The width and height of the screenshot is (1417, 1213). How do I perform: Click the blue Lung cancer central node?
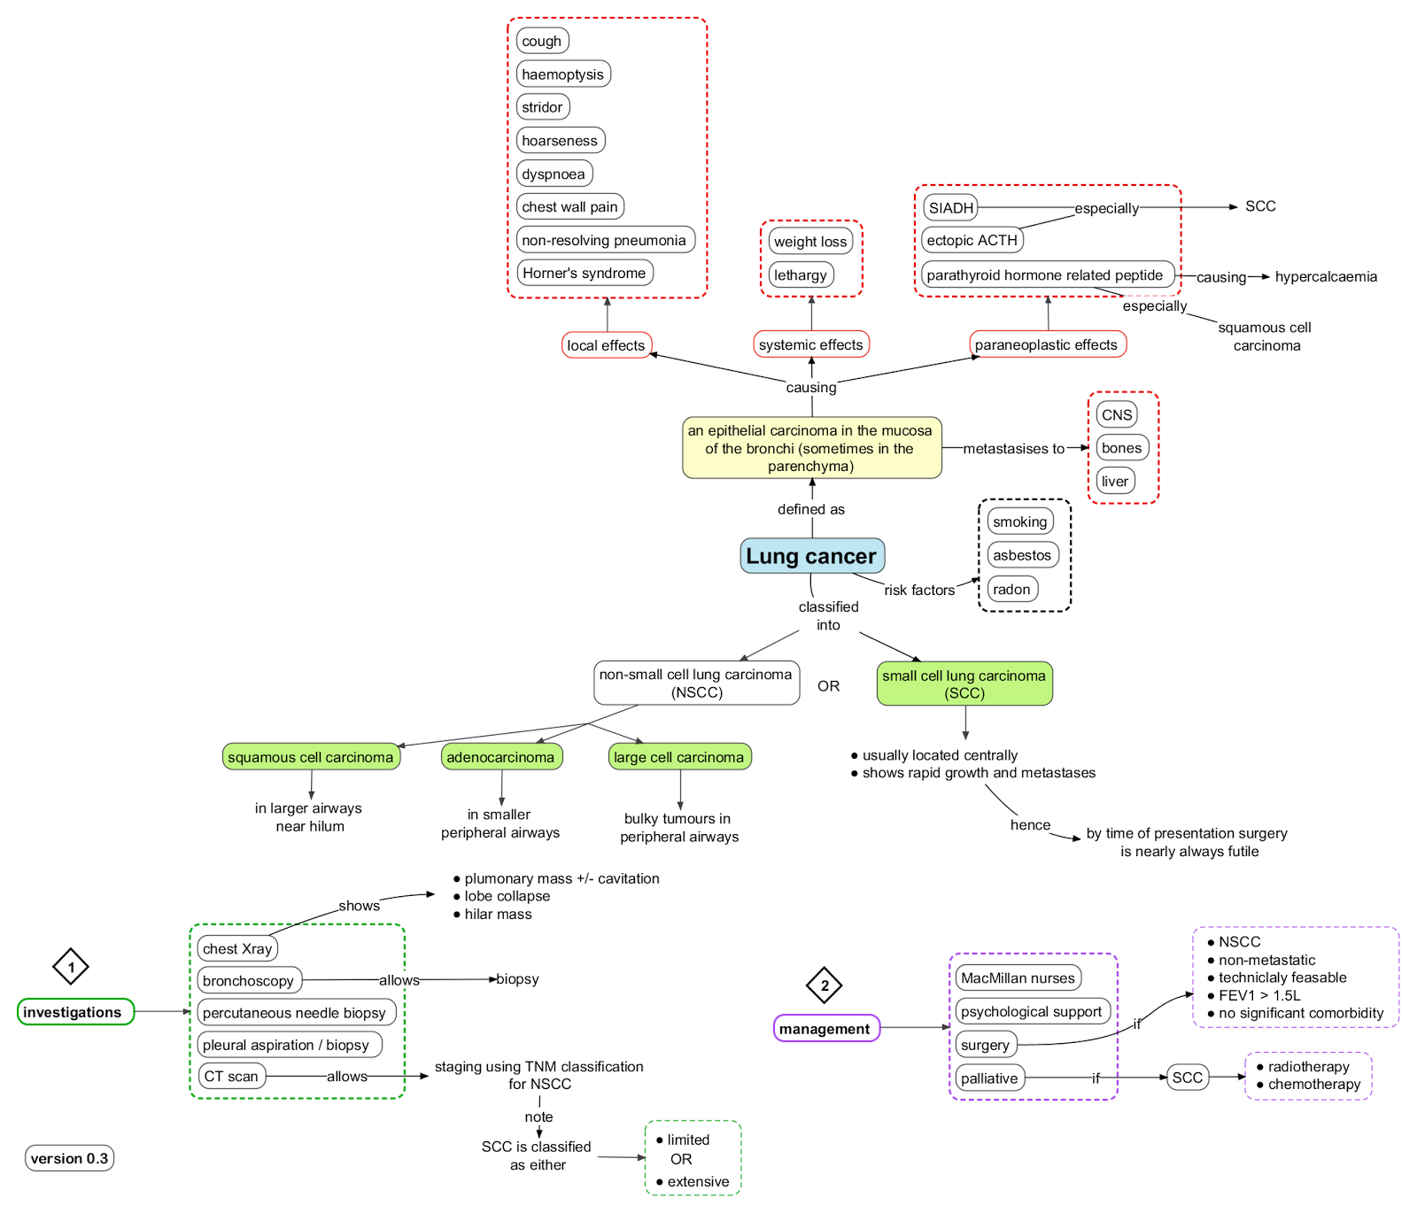click(812, 556)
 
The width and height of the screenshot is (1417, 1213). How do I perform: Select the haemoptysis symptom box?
click(563, 74)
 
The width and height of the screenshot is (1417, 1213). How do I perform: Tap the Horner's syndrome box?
click(585, 273)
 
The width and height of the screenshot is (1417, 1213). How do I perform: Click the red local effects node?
click(607, 345)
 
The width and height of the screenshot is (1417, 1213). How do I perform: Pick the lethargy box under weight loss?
click(801, 274)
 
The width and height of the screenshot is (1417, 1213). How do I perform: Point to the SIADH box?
click(950, 208)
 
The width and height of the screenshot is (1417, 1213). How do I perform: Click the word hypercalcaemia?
click(1326, 276)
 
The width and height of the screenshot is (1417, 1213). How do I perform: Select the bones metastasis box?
click(1121, 448)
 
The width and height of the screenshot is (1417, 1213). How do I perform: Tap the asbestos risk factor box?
click(1022, 555)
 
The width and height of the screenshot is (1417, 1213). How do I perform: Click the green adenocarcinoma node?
click(501, 757)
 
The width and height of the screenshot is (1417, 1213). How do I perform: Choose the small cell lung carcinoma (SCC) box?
click(964, 684)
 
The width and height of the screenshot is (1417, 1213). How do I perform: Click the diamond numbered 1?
click(71, 967)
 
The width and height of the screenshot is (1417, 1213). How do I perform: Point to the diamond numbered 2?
click(825, 985)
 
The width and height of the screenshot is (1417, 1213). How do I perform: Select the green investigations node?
click(75, 1012)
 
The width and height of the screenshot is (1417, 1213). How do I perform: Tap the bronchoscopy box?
click(249, 980)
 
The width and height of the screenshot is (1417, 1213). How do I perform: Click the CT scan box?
click(231, 1077)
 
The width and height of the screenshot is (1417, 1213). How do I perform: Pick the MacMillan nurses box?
click(1018, 978)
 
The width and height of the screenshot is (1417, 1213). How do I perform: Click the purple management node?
click(825, 1028)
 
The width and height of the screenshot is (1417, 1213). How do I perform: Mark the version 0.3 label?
click(69, 1158)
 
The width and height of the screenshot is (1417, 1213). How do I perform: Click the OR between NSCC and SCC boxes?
click(829, 686)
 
